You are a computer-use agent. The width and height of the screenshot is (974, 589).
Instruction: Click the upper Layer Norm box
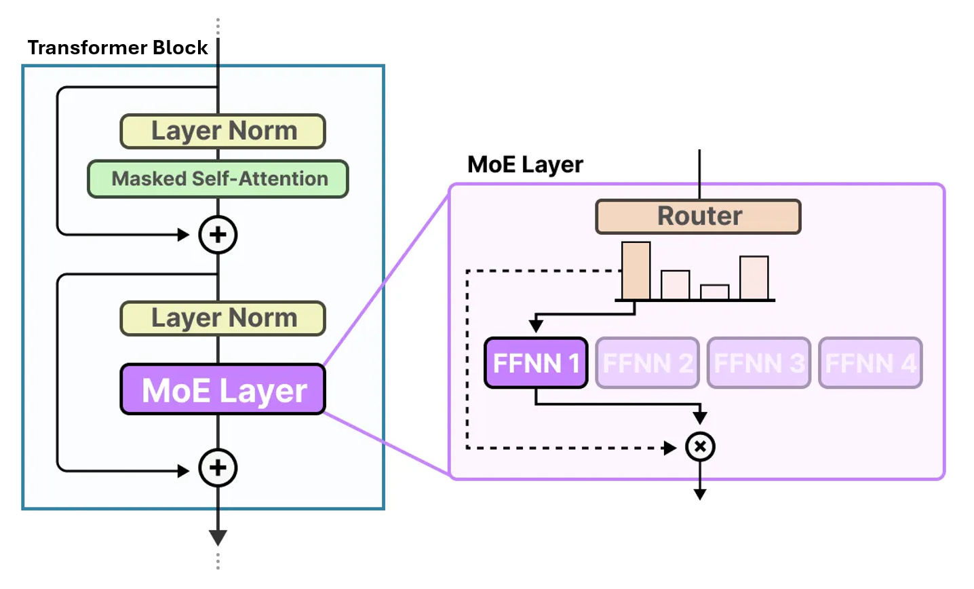click(222, 132)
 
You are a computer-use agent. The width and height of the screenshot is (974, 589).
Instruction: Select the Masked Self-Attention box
click(218, 178)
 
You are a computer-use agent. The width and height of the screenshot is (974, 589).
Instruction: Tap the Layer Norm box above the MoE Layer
click(222, 318)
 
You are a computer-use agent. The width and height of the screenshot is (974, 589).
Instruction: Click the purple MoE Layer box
click(222, 389)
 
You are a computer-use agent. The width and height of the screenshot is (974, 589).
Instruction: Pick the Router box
click(699, 216)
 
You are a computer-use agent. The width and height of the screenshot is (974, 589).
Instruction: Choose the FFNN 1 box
click(536, 363)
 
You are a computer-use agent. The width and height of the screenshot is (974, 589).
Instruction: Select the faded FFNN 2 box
click(648, 363)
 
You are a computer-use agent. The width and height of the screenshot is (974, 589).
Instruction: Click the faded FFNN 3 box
click(759, 363)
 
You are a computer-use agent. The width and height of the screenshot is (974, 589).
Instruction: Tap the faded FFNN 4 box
click(870, 363)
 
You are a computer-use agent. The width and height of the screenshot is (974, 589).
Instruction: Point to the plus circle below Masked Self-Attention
click(218, 235)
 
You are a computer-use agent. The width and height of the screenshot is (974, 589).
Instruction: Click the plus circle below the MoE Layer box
click(218, 468)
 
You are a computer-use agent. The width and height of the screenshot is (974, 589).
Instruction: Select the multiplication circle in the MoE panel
click(700, 446)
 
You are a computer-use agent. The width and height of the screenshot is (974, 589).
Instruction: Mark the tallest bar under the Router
click(636, 271)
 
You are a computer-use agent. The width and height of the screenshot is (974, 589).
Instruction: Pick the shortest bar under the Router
click(714, 292)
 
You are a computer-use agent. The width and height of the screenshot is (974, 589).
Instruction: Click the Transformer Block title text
click(117, 47)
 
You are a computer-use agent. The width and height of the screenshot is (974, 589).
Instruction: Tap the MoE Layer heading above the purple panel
click(525, 164)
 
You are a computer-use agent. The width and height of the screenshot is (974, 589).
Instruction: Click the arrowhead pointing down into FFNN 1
click(536, 326)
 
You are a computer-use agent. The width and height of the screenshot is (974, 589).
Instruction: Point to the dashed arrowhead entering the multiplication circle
click(670, 448)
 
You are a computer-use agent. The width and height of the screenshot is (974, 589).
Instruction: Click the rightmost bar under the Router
click(754, 278)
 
